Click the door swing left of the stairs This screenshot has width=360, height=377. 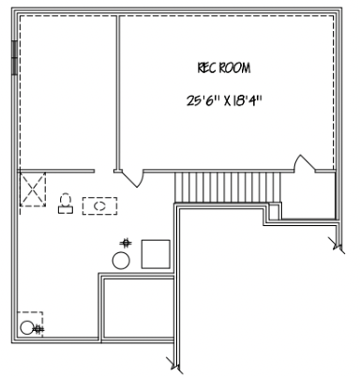pos(133,175)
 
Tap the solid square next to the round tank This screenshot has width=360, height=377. pos(155,254)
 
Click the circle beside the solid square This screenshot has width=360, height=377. pos(122,260)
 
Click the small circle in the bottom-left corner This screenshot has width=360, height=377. pos(38,327)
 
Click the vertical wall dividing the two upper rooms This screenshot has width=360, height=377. pos(117,94)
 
